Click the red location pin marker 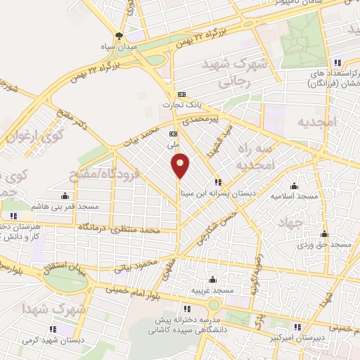[181, 165]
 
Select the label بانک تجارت [182, 105]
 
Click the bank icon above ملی [173, 132]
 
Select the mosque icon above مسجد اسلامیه [294, 186]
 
